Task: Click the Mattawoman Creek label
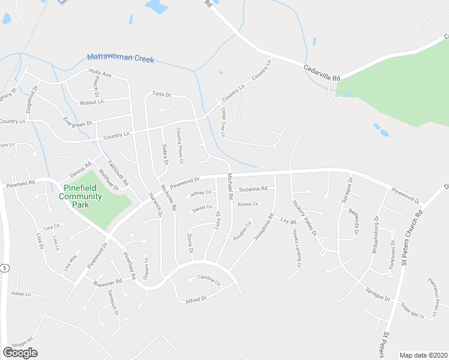coord(121,58)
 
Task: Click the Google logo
coord(20,353)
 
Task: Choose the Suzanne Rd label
coord(253,189)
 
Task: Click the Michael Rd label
coord(229,187)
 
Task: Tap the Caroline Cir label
coord(209,278)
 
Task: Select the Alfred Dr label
coord(196,298)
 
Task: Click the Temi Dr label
coord(161,94)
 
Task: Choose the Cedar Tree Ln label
coord(223,122)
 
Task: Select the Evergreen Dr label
coord(77,122)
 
